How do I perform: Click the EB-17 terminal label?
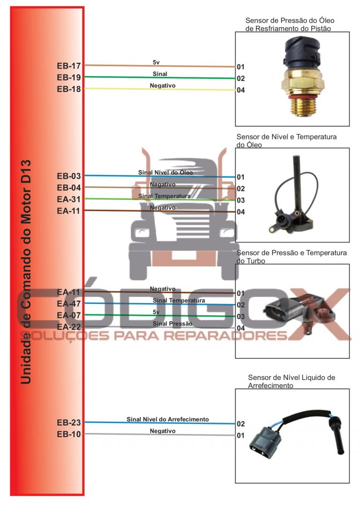tap(69, 66)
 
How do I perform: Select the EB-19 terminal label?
tap(69, 77)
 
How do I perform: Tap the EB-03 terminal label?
tap(69, 176)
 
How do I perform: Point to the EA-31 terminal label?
tap(69, 199)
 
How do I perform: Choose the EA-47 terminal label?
tap(69, 304)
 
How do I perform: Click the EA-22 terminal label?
tap(69, 327)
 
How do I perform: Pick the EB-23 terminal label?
tap(69, 423)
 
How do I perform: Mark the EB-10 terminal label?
tap(69, 434)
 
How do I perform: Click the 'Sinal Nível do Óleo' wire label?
tap(165, 173)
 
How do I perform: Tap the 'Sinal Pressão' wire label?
tap(172, 324)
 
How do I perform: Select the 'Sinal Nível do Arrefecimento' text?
tap(167, 419)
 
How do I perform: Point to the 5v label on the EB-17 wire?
tap(157, 62)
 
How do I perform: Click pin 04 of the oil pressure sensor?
tap(240, 90)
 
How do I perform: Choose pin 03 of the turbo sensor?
tap(240, 317)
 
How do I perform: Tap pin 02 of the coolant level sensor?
tap(240, 424)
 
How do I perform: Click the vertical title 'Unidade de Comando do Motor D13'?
tap(26, 272)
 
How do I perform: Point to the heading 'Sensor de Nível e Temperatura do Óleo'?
tap(286, 141)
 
